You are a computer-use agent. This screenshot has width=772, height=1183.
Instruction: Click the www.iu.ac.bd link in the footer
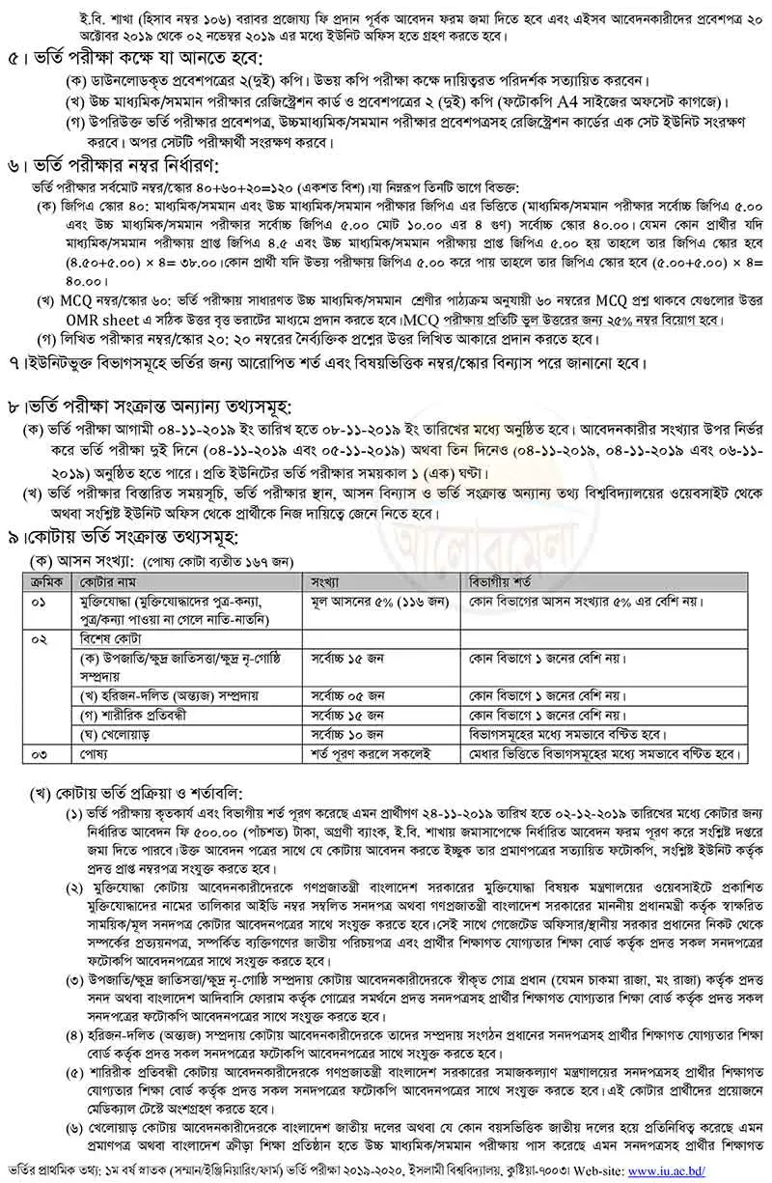pyautogui.click(x=715, y=1172)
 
